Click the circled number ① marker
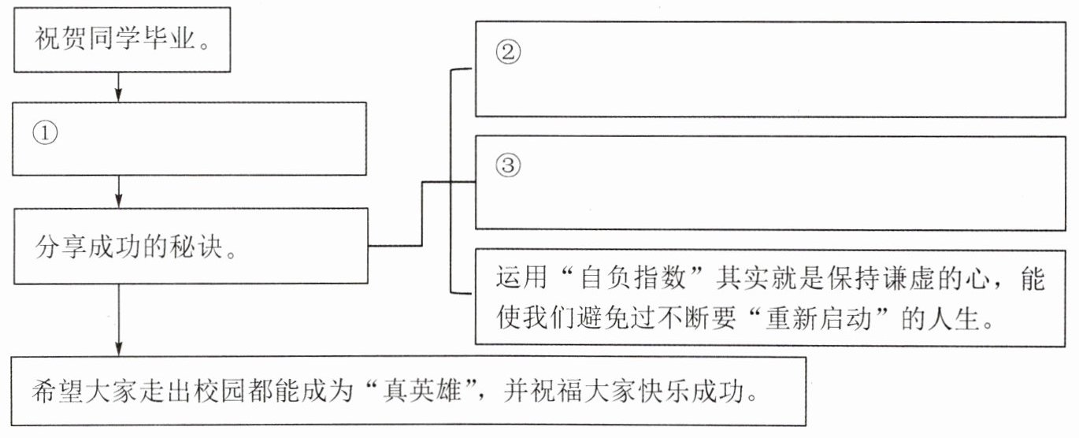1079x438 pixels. pos(45,132)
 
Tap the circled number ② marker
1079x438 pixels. pos(508,52)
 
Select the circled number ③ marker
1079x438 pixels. pos(508,165)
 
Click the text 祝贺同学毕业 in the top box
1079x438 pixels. pos(115,39)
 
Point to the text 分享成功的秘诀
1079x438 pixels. pos(128,247)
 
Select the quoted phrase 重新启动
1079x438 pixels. pos(818,318)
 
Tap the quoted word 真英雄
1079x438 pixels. pos(422,390)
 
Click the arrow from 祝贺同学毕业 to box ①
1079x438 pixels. pos(118,87)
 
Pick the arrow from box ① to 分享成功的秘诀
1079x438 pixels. pos(118,191)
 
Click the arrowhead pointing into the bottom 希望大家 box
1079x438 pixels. pos(118,349)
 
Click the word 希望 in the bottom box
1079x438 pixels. pos(58,390)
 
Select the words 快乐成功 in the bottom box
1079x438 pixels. pos(690,390)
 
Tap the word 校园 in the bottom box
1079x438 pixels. pos(220,390)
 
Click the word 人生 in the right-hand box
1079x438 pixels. pos(955,318)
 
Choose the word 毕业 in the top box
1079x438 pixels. pos(169,39)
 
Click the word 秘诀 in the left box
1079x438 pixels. pos(195,247)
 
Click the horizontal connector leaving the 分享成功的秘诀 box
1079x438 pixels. pos(395,246)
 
